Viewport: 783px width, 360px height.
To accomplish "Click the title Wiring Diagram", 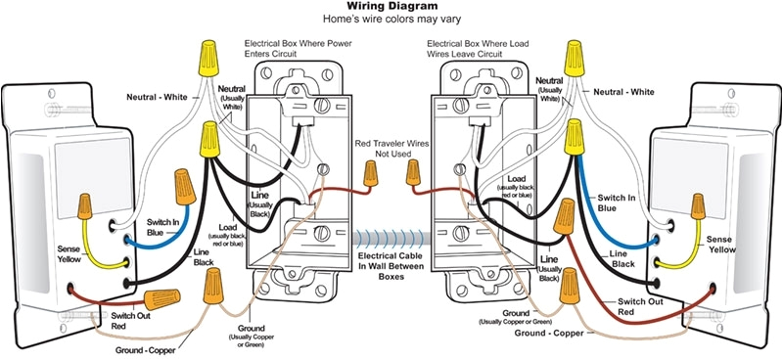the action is point(392,7).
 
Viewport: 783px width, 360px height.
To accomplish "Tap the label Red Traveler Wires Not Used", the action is point(391,149).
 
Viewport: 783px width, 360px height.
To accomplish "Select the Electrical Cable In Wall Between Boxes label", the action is point(391,266).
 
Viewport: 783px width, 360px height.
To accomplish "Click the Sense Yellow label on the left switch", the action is point(69,253).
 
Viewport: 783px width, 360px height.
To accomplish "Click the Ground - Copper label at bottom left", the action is point(145,350).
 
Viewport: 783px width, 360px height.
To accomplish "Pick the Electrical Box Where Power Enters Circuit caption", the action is point(298,49).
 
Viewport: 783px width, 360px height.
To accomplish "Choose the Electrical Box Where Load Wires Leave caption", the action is point(478,49).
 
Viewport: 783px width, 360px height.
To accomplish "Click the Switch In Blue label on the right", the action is point(617,202).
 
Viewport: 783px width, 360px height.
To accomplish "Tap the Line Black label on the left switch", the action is point(204,257).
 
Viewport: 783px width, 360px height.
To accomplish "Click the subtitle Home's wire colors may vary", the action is point(391,19).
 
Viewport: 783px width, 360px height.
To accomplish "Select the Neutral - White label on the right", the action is point(623,92).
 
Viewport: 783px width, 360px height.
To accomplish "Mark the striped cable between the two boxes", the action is point(391,238).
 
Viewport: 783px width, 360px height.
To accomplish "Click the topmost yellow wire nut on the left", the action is point(208,59).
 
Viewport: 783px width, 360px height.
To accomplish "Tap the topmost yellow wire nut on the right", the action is point(575,59).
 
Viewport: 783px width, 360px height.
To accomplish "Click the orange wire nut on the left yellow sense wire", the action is point(85,206).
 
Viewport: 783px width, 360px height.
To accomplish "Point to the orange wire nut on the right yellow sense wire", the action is point(698,206).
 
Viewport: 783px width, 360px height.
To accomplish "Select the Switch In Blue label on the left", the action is point(162,227).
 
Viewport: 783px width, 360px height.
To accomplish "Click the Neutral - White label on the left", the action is point(157,97).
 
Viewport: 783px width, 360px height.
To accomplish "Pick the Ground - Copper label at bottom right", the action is point(549,333).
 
